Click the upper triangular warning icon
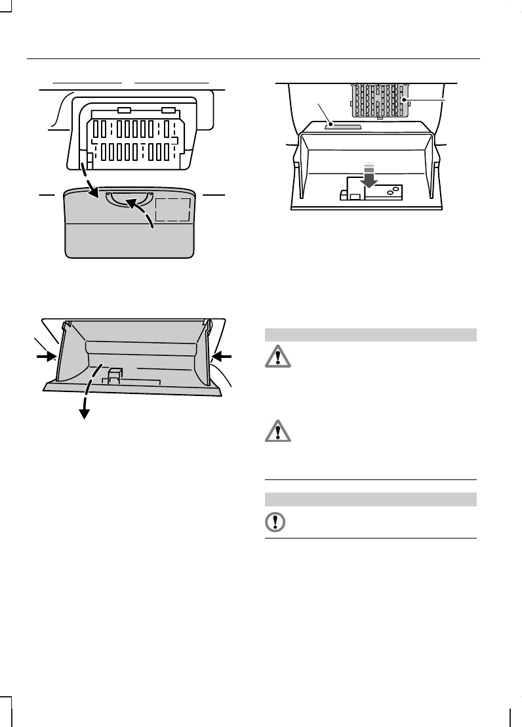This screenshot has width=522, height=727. tap(277, 357)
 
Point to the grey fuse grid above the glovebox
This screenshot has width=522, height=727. tap(380, 99)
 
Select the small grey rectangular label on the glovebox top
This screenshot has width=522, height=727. tap(342, 124)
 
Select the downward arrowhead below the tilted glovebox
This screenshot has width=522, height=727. tap(84, 412)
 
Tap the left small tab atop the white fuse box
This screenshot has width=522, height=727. tap(123, 111)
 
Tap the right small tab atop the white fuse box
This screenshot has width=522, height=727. tap(168, 111)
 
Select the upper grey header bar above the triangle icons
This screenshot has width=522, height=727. tap(370, 334)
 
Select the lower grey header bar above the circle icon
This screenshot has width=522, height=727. tap(370, 499)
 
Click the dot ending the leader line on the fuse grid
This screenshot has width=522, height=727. tap(404, 100)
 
